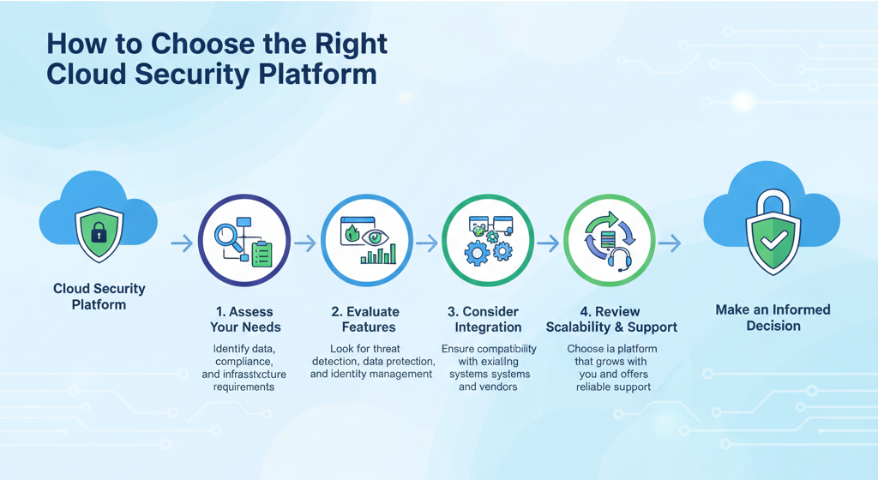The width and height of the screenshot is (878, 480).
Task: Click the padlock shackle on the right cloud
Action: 773,206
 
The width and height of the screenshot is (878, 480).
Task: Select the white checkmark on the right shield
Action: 773,244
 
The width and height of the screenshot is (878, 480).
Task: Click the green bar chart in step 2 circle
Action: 379,255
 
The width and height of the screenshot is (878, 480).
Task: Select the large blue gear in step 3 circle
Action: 477,255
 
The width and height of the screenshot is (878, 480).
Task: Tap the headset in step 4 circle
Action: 620,257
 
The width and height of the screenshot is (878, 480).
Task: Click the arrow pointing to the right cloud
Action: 670,244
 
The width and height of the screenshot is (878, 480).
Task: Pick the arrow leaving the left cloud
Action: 182,244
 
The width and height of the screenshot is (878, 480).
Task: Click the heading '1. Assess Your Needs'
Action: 245,319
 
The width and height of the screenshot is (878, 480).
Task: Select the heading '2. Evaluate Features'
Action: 365,319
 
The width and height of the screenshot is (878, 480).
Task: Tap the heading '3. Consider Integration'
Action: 488,319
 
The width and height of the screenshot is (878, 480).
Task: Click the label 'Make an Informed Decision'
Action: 773,317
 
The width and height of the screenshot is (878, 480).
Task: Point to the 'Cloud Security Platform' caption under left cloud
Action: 99,297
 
